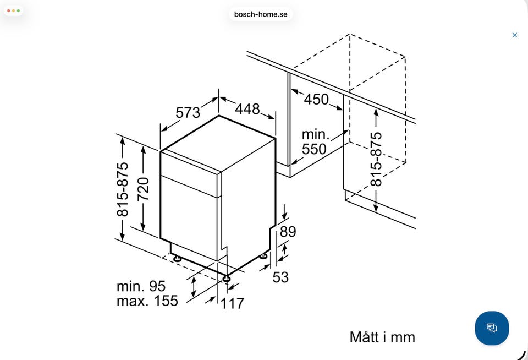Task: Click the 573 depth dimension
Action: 188,112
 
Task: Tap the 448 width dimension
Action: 248,109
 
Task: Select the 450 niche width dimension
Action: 316,99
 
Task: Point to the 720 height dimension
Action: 143,189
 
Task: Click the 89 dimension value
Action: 288,232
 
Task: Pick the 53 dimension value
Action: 280,277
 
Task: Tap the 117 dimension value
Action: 232,303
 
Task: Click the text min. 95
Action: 141,286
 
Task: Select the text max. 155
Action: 147,301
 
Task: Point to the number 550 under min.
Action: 314,149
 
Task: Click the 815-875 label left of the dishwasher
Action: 123,189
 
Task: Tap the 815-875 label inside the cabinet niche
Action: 376,159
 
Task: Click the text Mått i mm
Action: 382,337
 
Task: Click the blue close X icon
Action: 515,35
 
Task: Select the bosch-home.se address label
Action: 261,14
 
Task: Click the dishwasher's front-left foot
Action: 177,259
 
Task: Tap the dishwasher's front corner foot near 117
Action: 226,279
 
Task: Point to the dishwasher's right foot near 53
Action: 263,256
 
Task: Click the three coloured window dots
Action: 13,11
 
